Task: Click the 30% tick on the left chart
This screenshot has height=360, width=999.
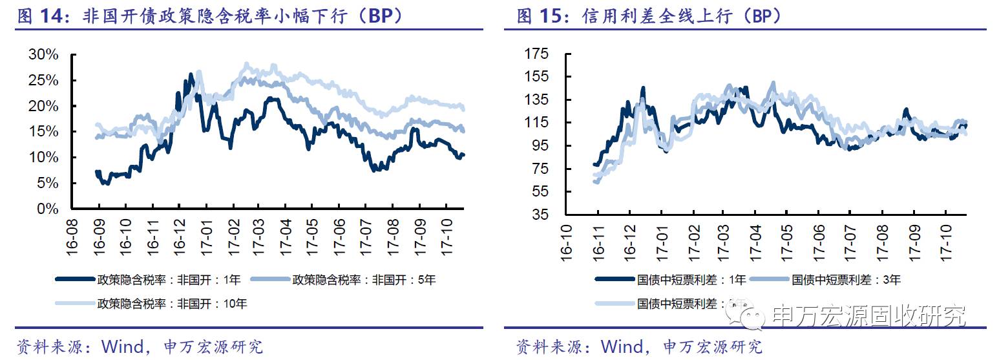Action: (x=44, y=55)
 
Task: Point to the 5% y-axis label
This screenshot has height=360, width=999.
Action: (x=48, y=184)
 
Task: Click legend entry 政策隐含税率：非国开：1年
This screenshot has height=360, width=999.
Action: (x=169, y=280)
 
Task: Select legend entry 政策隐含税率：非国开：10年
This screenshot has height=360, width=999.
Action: (x=171, y=302)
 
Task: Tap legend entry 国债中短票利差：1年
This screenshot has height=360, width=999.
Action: (x=691, y=280)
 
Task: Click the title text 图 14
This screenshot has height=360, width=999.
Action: (x=44, y=17)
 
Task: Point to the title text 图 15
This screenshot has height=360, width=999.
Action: (x=543, y=17)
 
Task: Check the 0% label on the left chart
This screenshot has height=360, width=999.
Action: (x=48, y=209)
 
